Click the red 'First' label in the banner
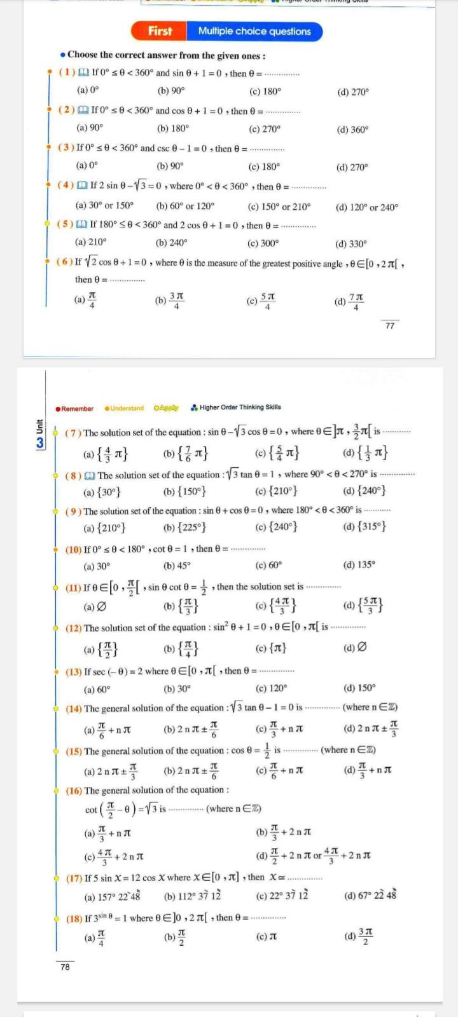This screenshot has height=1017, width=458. click(160, 31)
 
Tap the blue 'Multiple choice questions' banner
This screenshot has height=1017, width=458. click(254, 31)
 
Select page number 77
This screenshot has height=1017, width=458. click(390, 325)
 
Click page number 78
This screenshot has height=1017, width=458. click(65, 967)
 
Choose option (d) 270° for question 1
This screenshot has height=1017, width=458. click(353, 92)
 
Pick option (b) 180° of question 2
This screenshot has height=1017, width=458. click(173, 128)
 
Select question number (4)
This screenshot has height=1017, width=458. click(66, 186)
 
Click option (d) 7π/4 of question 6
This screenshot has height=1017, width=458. click(349, 302)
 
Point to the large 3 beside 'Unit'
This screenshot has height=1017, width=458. click(40, 442)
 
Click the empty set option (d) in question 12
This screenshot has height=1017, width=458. click(356, 648)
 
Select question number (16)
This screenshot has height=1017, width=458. click(74, 790)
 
